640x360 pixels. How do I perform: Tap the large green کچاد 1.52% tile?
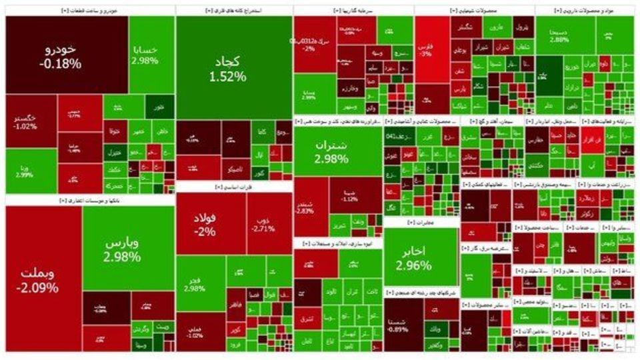pyautogui.click(x=233, y=67)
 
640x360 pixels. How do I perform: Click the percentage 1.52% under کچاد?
pyautogui.click(x=233, y=77)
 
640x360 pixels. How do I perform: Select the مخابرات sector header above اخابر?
pyautogui.click(x=420, y=223)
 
